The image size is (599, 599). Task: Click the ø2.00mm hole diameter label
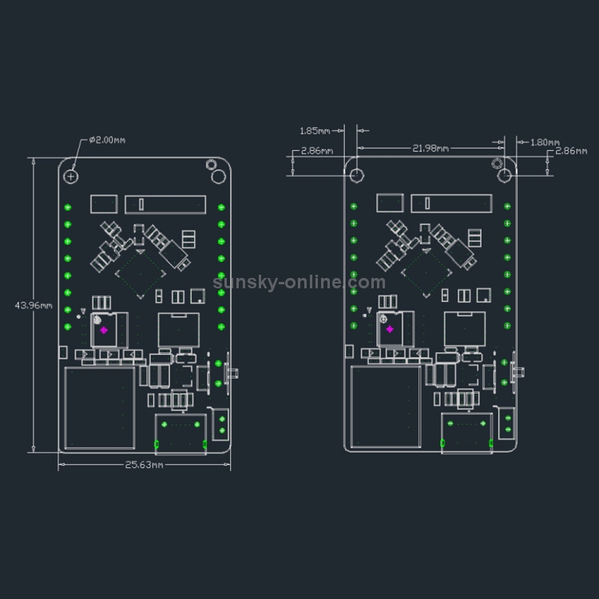[x=107, y=141]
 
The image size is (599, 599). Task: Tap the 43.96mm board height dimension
[x=34, y=306]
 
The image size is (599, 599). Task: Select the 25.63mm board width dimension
[x=145, y=465]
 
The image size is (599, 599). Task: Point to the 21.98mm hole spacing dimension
[x=430, y=149]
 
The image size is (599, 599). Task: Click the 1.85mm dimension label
[x=315, y=131]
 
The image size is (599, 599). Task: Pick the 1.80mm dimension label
[x=545, y=142]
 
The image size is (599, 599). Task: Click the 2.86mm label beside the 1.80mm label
[x=571, y=151]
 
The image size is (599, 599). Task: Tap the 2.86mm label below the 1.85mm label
[x=317, y=151]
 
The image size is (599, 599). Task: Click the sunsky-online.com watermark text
[x=299, y=282]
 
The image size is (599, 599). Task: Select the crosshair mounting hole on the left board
[x=70, y=177]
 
